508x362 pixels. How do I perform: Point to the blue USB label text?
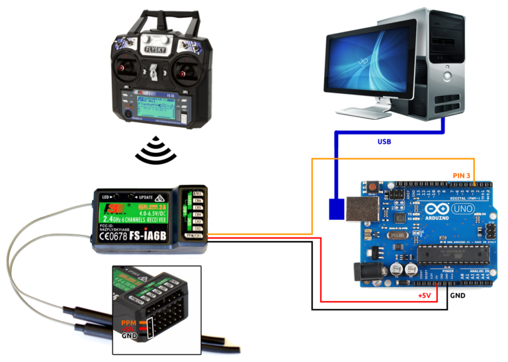[384, 142]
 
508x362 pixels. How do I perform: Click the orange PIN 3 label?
[461, 175]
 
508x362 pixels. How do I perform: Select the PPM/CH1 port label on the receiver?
[196, 236]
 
